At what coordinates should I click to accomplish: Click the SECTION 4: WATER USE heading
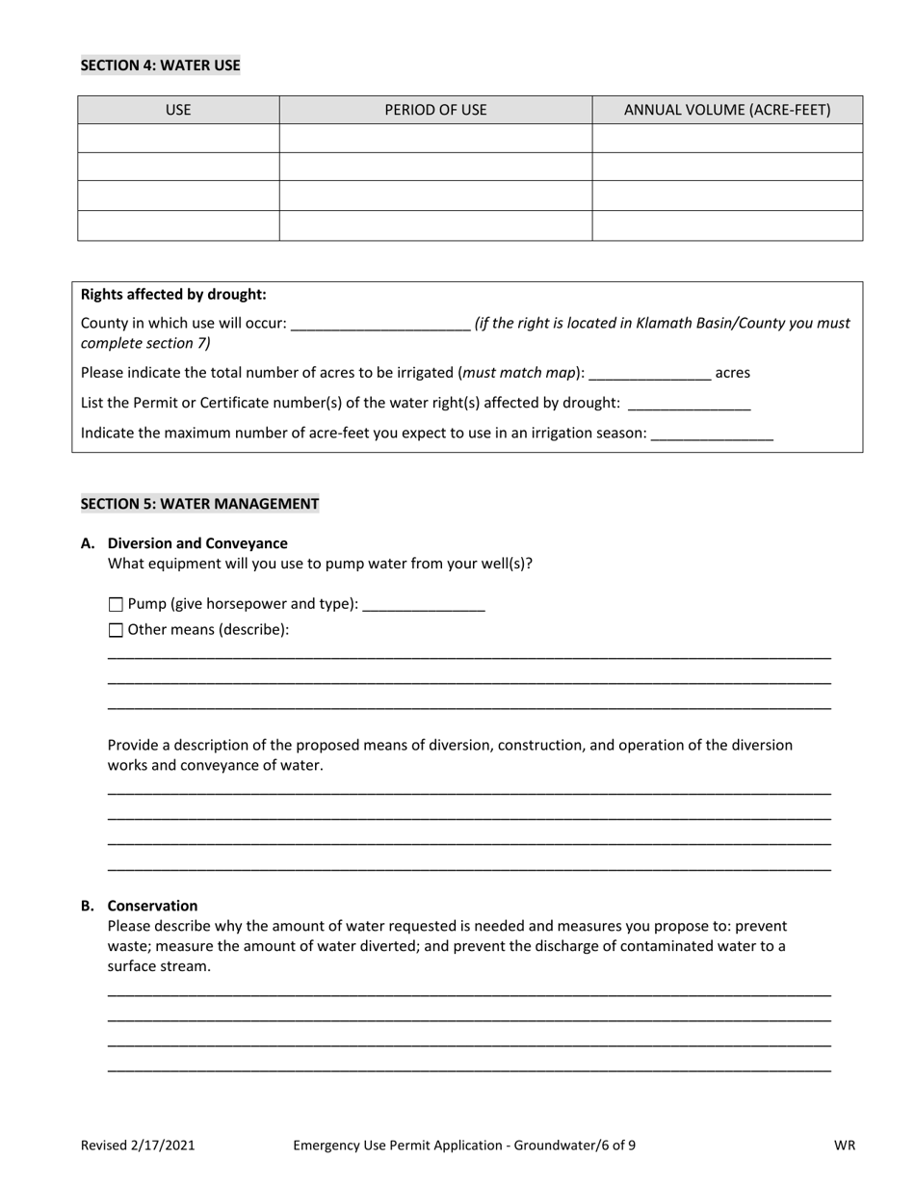tap(160, 66)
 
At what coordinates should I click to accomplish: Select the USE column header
tap(178, 110)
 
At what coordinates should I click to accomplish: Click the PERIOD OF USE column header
tap(435, 110)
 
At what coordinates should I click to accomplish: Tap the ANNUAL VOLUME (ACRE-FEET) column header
tap(727, 110)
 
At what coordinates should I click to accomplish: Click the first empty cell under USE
tap(178, 139)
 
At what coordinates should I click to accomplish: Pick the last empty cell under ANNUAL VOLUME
tap(727, 225)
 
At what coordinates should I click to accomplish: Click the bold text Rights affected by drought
tap(173, 295)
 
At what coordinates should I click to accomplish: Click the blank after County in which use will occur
tap(380, 324)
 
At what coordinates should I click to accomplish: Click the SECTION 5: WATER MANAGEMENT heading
tap(199, 504)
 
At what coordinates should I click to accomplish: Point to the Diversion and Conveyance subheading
tap(197, 543)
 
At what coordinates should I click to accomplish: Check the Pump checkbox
tap(117, 605)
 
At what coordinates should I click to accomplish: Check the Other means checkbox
tap(117, 631)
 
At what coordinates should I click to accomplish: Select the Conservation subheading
tap(152, 906)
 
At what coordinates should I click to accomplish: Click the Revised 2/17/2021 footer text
tap(138, 1145)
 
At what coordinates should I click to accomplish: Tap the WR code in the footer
tap(845, 1145)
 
